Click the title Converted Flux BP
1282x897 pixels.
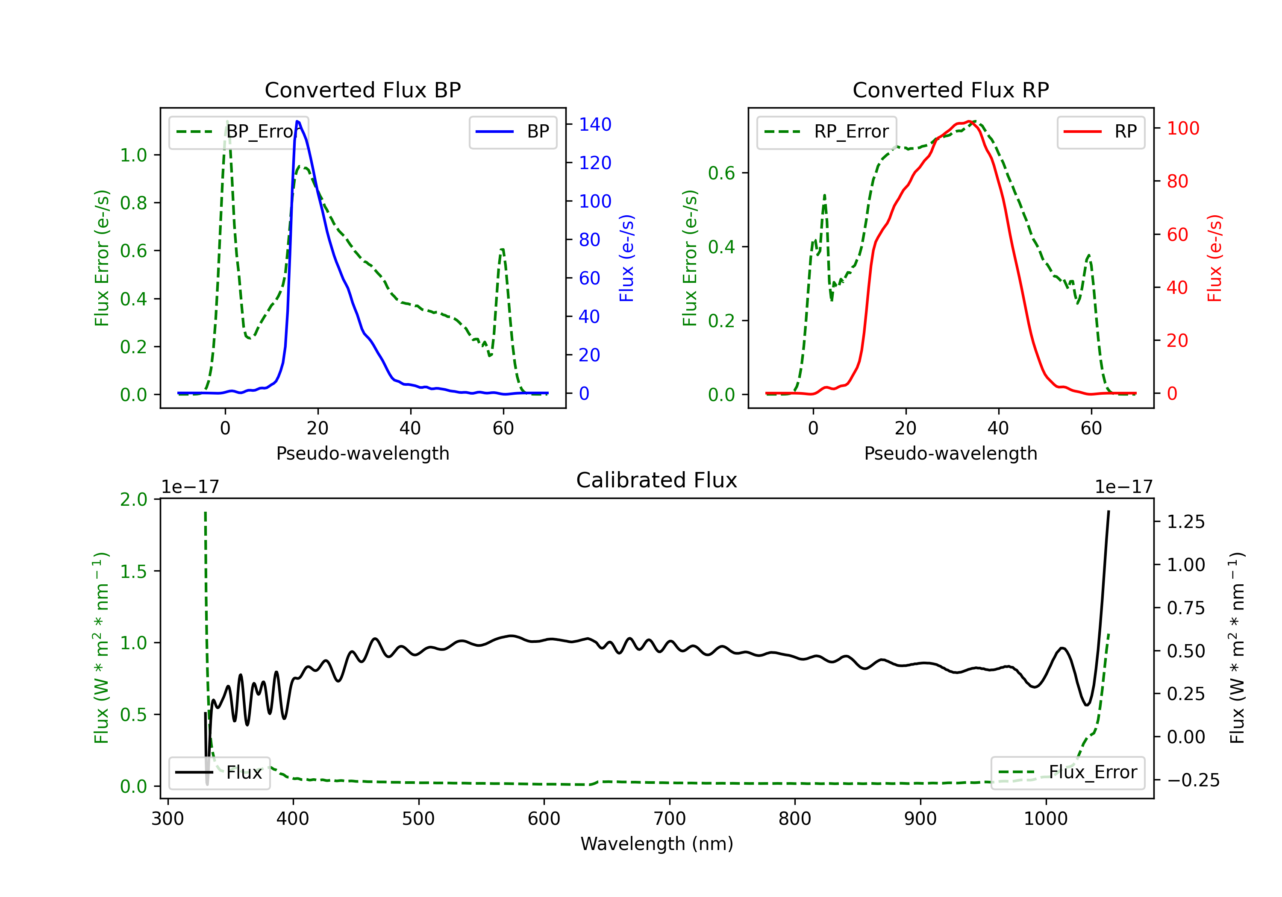pos(362,90)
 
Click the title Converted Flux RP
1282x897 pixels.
pos(950,90)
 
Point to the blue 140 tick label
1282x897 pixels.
pos(595,124)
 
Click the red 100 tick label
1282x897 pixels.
pos(1182,129)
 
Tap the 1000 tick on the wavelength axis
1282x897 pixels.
pos(1045,819)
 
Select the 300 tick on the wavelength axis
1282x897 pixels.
pos(168,819)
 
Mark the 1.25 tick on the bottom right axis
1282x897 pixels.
pos(1185,522)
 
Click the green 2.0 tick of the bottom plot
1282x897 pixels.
pos(133,499)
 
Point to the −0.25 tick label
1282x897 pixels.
pos(1193,780)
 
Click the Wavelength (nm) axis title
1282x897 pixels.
pos(657,844)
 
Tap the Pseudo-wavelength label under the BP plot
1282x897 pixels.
pos(362,453)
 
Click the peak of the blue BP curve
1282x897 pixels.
pos(297,121)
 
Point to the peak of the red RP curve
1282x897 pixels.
pos(970,121)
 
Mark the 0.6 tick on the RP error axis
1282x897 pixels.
pos(721,173)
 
